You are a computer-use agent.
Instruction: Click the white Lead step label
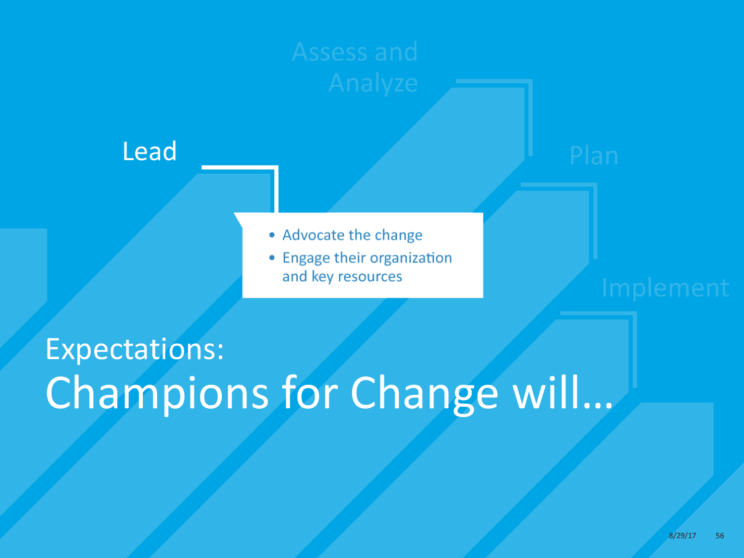149,151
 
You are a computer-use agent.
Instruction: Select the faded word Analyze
373,83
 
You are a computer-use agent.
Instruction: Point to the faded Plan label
594,156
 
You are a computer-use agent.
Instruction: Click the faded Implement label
665,288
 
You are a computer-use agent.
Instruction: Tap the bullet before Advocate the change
272,235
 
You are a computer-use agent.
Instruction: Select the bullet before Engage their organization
272,258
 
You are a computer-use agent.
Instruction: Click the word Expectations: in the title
134,349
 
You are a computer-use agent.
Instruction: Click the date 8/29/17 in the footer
682,536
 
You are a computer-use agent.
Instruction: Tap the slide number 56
720,536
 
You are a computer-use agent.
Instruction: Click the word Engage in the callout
307,258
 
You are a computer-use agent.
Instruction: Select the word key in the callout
322,276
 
